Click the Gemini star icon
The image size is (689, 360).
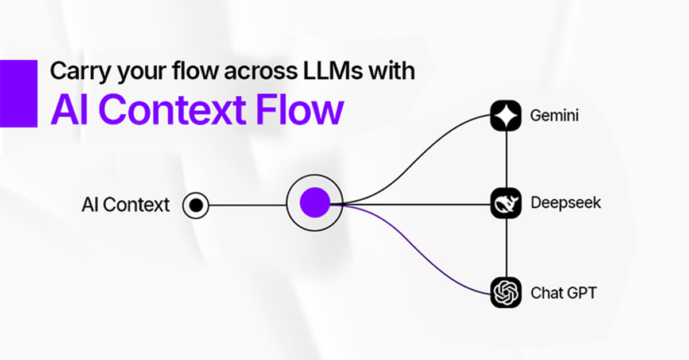tap(505, 115)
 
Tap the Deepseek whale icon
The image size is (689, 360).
tap(505, 203)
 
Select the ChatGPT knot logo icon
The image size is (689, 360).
tap(505, 292)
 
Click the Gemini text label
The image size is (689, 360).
tap(555, 116)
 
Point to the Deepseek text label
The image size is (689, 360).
tap(566, 203)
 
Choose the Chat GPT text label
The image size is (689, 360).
tap(563, 293)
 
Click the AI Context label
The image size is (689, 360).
tap(126, 204)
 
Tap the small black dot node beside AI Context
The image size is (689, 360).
tap(196, 204)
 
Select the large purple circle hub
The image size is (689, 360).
tap(315, 203)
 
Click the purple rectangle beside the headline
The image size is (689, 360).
tap(18, 94)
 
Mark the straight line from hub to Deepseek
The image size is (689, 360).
tap(413, 204)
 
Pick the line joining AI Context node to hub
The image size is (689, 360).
tap(247, 204)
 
